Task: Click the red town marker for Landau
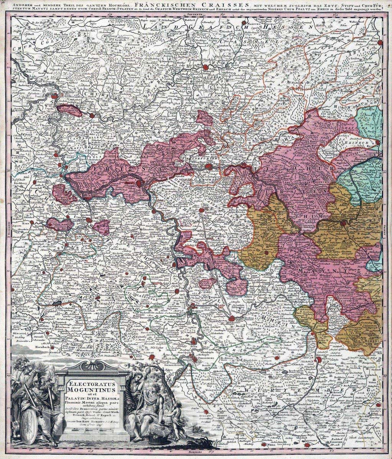153,358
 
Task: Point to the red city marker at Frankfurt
208,166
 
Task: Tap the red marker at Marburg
206,68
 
